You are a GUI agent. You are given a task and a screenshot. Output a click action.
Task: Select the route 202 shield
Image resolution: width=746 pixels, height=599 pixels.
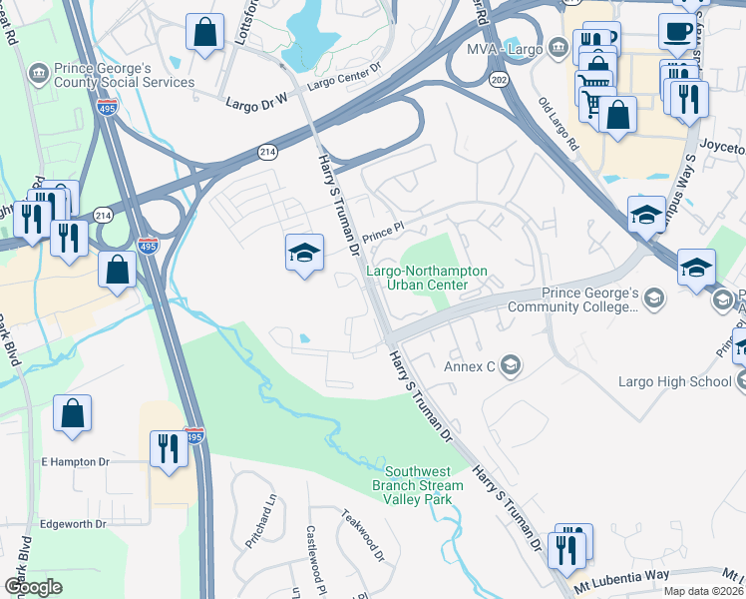click(497, 77)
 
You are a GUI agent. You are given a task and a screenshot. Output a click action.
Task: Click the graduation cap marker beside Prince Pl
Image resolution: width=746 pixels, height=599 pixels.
click(304, 253)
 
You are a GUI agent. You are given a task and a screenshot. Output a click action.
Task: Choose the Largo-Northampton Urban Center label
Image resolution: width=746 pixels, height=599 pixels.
click(426, 278)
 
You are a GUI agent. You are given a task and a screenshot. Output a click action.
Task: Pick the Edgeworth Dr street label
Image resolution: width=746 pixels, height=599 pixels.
click(73, 523)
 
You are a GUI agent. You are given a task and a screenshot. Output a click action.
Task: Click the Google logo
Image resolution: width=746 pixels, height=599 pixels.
click(33, 587)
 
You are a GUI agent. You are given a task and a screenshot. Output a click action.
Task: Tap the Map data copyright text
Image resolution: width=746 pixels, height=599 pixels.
click(703, 591)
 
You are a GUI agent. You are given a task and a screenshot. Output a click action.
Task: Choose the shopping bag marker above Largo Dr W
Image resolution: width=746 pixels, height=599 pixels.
click(204, 33)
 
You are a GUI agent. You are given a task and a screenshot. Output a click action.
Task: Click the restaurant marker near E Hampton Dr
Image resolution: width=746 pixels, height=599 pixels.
click(167, 448)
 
